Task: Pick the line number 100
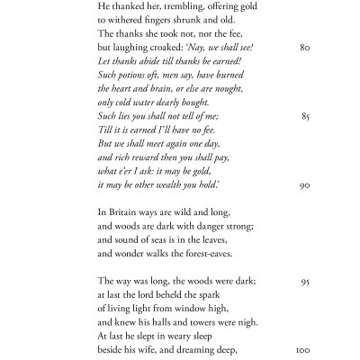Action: [x=303, y=349]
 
